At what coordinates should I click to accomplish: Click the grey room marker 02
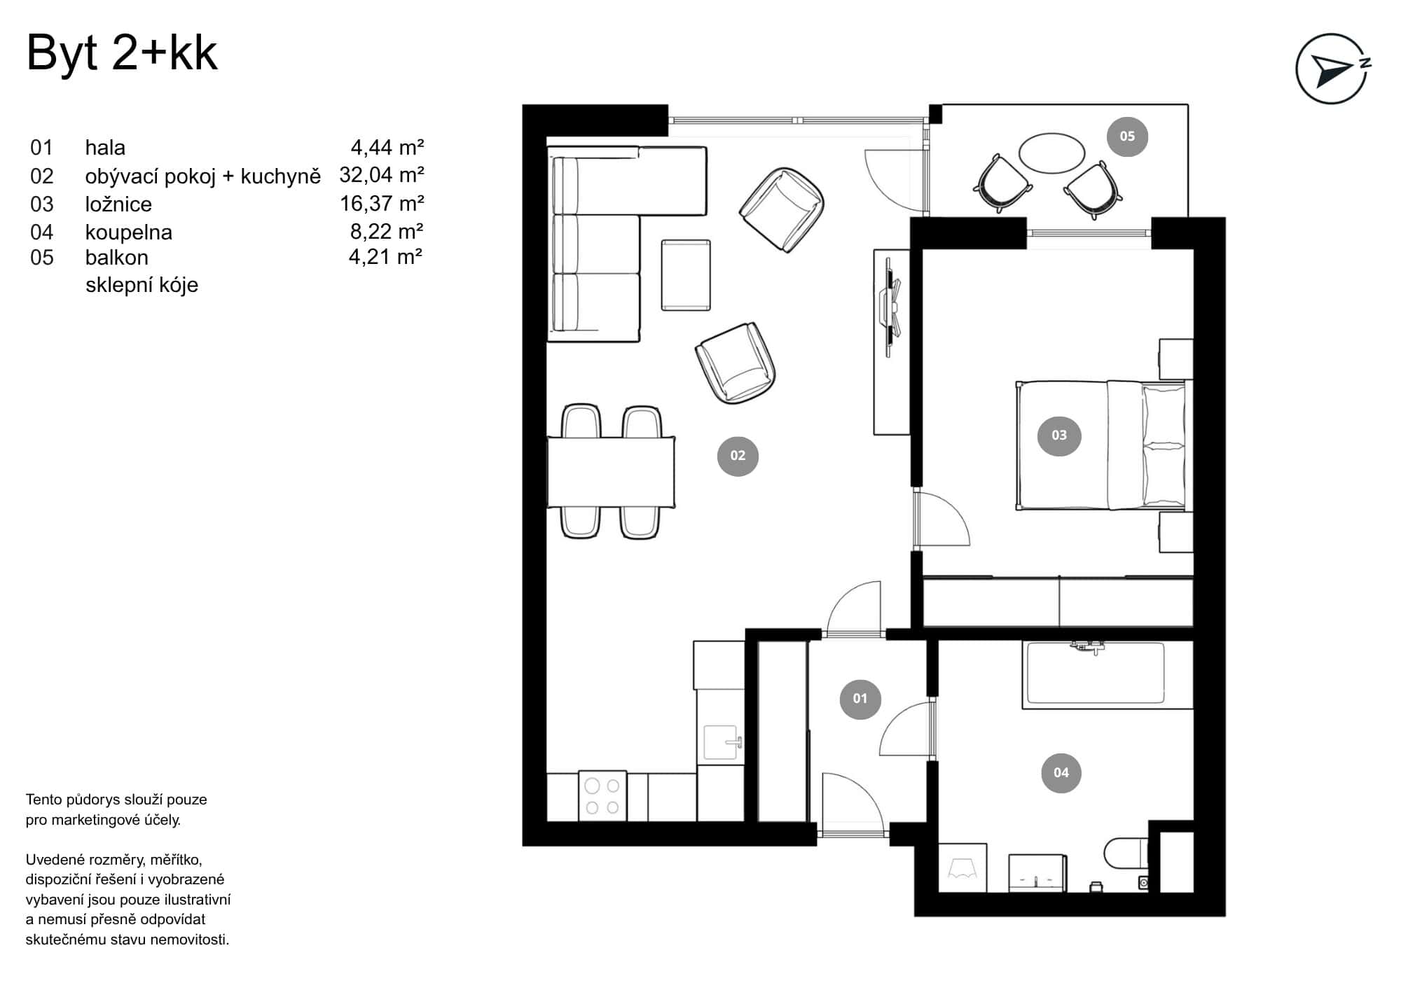[x=738, y=456]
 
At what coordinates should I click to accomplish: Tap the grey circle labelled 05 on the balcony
[x=1126, y=137]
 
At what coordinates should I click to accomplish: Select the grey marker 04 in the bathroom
[x=1061, y=773]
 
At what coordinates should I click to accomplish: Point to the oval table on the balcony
[x=1051, y=153]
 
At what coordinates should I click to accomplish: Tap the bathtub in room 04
[x=1094, y=674]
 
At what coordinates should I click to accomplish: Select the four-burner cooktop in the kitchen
[x=602, y=797]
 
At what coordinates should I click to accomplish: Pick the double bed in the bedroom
[x=1100, y=445]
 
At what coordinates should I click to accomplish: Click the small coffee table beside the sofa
[x=686, y=274]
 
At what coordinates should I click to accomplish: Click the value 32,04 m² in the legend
[x=381, y=174]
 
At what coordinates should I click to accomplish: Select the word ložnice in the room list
[x=118, y=204]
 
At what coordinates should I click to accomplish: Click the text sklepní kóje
[x=142, y=285]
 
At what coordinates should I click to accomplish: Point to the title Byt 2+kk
[x=122, y=53]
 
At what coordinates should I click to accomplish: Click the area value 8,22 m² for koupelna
[x=386, y=231]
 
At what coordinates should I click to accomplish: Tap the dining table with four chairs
[x=611, y=472]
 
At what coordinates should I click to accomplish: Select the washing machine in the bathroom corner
[x=962, y=868]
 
